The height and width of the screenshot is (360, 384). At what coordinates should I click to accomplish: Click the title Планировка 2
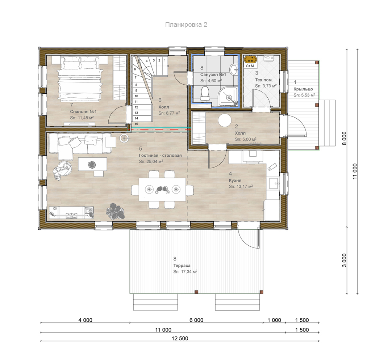[186, 25]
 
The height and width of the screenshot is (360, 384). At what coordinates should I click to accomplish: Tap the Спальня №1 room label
[83, 112]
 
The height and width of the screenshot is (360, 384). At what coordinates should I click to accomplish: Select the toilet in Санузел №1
[205, 94]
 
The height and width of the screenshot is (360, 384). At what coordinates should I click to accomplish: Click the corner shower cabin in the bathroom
[228, 97]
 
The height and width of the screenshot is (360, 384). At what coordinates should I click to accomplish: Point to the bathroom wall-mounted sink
[234, 69]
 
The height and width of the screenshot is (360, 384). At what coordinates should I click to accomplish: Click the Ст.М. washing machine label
[250, 66]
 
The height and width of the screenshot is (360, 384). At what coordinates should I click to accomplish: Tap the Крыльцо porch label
[303, 89]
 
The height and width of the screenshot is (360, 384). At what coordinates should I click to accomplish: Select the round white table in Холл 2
[225, 120]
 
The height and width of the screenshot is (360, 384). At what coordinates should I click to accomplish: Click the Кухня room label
[235, 181]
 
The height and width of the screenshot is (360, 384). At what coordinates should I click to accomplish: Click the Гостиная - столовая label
[160, 155]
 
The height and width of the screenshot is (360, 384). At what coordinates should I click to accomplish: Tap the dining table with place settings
[162, 190]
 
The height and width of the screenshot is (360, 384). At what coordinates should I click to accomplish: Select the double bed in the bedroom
[80, 78]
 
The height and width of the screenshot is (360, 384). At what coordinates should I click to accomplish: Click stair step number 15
[137, 124]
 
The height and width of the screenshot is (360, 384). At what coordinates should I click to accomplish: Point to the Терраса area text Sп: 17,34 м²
[185, 272]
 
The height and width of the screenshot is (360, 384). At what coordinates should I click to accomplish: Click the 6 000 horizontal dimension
[196, 320]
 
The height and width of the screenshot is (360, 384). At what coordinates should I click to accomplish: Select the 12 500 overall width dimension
[180, 338]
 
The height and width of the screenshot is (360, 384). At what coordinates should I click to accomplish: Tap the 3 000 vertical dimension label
[344, 260]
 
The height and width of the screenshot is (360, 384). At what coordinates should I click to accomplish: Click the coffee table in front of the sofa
[93, 164]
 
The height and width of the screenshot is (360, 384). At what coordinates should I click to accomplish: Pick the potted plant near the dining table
[116, 210]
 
